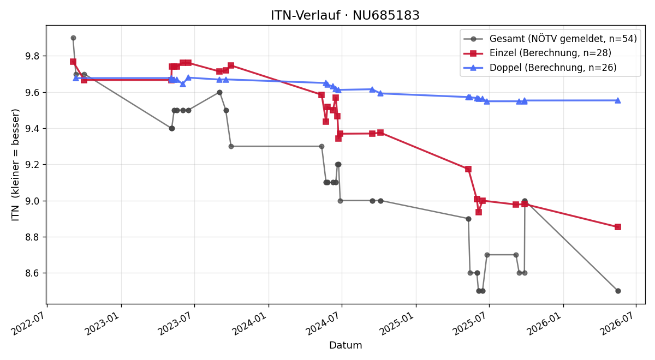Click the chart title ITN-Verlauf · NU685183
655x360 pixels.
pyautogui.click(x=345, y=15)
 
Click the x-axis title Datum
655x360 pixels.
pyautogui.click(x=346, y=345)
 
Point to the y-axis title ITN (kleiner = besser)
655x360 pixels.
pyautogui.click(x=15, y=165)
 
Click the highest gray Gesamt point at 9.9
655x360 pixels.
pyautogui.click(x=73, y=38)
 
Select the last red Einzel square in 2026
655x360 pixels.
pyautogui.click(x=618, y=227)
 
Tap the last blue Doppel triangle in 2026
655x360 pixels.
pyautogui.click(x=618, y=100)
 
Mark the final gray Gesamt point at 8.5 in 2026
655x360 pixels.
pyautogui.click(x=618, y=291)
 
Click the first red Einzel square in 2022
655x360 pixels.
pyautogui.click(x=73, y=62)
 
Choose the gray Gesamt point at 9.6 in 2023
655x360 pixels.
pyautogui.click(x=219, y=93)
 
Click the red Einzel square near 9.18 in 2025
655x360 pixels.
pyautogui.click(x=468, y=169)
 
